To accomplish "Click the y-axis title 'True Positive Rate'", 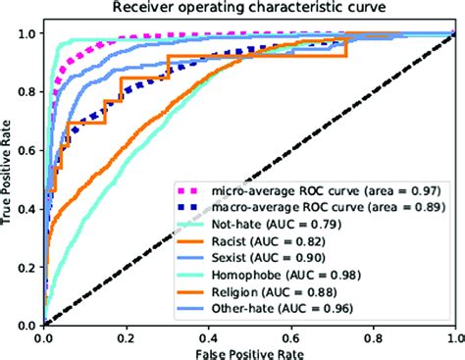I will click(9, 176).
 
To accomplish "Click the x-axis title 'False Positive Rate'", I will click(248, 350).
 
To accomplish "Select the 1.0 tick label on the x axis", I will click(452, 334).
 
